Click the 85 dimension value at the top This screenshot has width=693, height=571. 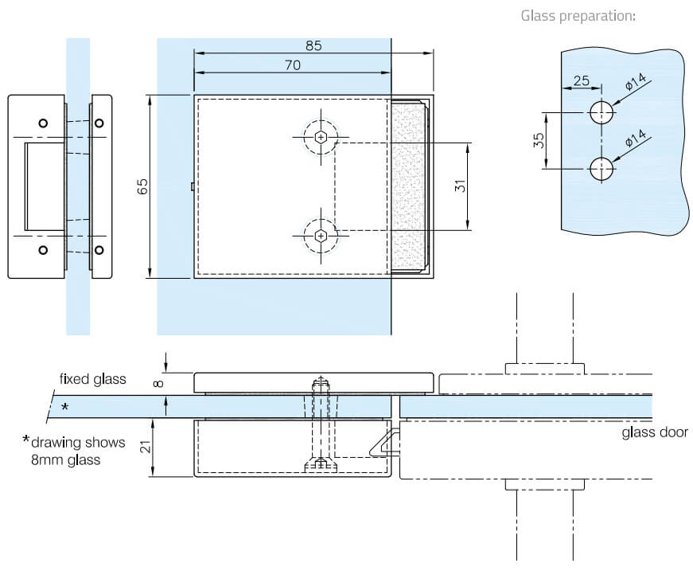coord(313,45)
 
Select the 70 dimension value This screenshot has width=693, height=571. coord(292,66)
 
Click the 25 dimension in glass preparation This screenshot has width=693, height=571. coord(581,80)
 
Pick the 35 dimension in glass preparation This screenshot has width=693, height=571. coord(538,141)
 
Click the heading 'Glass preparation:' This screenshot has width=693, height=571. coord(578,15)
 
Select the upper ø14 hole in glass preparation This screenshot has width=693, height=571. coord(602,112)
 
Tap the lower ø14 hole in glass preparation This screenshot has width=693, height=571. coord(602,169)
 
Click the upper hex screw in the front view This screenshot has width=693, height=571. coord(321,137)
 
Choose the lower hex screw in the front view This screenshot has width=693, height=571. coord(321,236)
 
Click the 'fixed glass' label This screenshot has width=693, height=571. coord(93,379)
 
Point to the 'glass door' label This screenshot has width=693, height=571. coord(655,432)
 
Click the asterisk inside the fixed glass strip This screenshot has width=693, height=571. coord(65,408)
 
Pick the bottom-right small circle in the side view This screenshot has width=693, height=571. coord(99,250)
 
